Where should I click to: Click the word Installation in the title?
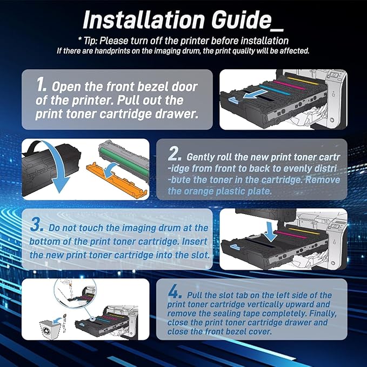(x=144, y=20)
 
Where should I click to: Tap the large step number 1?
(x=41, y=85)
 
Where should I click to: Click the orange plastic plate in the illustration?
(x=117, y=178)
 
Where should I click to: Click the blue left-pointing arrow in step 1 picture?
(x=255, y=94)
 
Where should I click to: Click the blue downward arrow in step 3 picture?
(x=270, y=232)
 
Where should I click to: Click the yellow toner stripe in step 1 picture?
(x=303, y=81)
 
